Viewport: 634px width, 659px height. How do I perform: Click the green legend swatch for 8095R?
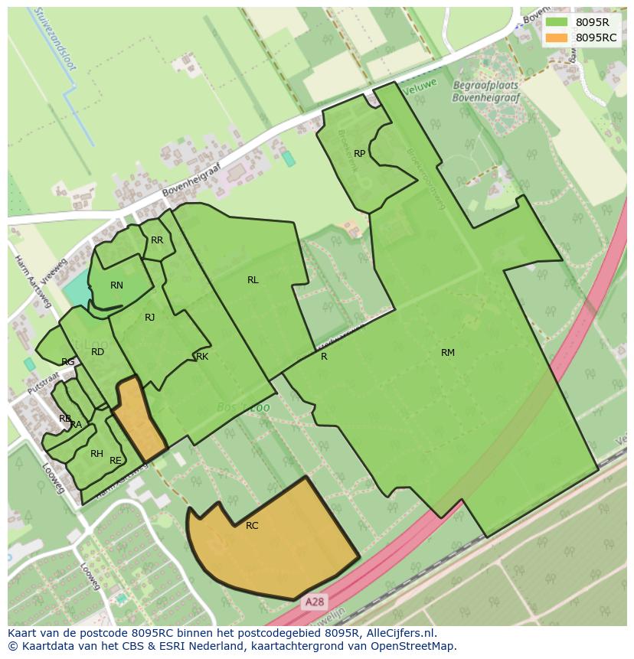point(557,22)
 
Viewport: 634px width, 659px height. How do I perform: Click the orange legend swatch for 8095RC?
point(557,38)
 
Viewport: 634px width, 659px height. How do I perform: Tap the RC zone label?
point(252,526)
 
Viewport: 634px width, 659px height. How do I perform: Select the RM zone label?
point(448,353)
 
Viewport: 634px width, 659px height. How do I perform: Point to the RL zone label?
point(253,280)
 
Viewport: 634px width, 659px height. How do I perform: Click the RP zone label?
point(359,154)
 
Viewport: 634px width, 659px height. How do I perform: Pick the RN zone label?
point(116,285)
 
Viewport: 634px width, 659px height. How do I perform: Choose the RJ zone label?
point(150,318)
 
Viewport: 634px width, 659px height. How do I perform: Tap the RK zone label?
point(202,357)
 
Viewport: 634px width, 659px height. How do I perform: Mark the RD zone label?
point(97,352)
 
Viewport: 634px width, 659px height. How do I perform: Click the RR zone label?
point(157,240)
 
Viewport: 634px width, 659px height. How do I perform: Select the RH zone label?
point(96,454)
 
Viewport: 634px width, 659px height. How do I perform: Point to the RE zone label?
point(116,461)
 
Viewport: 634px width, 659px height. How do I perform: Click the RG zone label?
point(68,362)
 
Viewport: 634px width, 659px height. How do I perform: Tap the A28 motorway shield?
point(314,602)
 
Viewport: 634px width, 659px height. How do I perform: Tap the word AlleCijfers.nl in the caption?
point(397,634)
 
